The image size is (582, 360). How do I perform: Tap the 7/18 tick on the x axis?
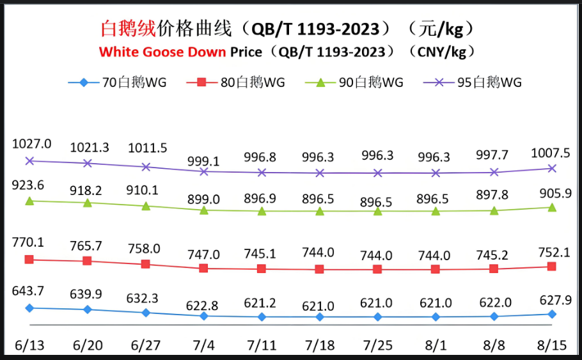[x=320, y=346]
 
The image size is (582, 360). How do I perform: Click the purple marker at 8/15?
[x=553, y=168]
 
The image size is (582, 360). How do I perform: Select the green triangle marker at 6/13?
[x=29, y=201]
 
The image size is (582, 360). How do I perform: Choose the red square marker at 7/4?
[x=203, y=269]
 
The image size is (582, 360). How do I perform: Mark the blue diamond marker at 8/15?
[x=553, y=314]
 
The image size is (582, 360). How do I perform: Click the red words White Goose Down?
[x=162, y=51]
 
